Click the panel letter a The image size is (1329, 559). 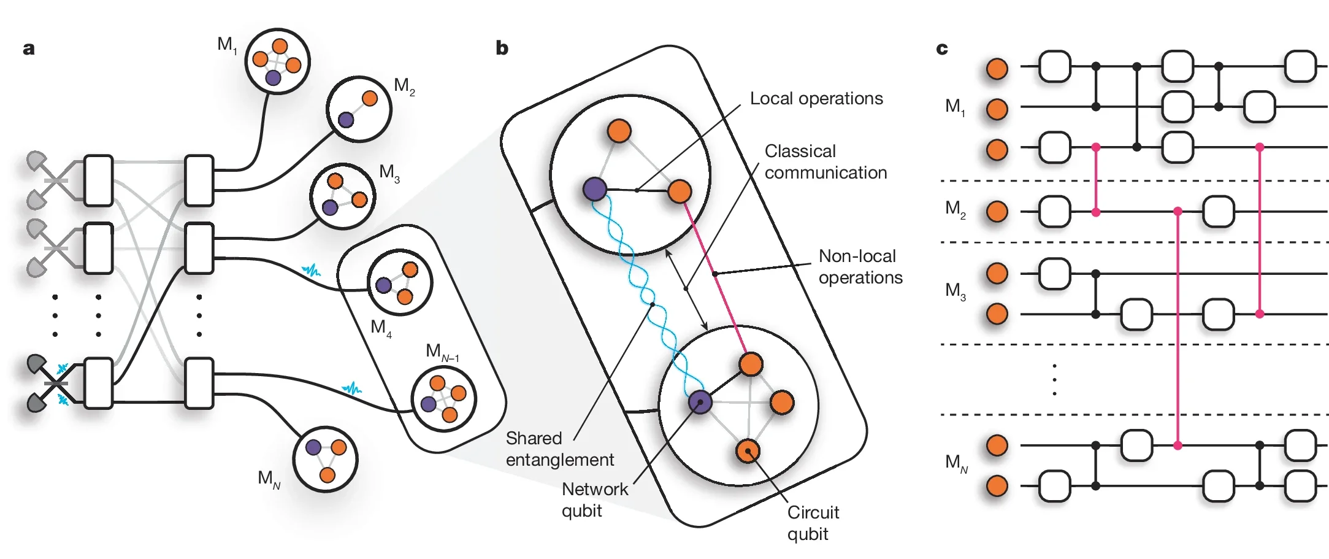click(x=28, y=49)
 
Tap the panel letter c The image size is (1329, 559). click(x=942, y=49)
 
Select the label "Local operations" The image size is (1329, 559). click(x=816, y=99)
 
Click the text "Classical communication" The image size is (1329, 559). click(x=825, y=162)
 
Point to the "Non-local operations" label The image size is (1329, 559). click(x=860, y=267)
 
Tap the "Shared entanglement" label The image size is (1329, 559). click(x=559, y=449)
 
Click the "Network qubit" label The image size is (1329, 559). click(x=594, y=499)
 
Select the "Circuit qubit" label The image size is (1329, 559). click(x=813, y=523)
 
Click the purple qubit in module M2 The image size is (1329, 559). click(x=346, y=120)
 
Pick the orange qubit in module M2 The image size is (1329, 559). click(x=369, y=98)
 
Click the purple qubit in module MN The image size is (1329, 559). click(x=313, y=447)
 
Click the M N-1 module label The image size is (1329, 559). click(x=442, y=352)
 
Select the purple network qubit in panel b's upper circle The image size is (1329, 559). click(x=594, y=189)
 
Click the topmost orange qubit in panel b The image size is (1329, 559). click(x=619, y=131)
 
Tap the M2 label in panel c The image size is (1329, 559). click(x=955, y=210)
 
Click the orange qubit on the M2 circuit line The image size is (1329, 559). click(x=997, y=212)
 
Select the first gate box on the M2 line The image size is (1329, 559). click(x=1055, y=212)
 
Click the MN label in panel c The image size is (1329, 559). click(x=956, y=463)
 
